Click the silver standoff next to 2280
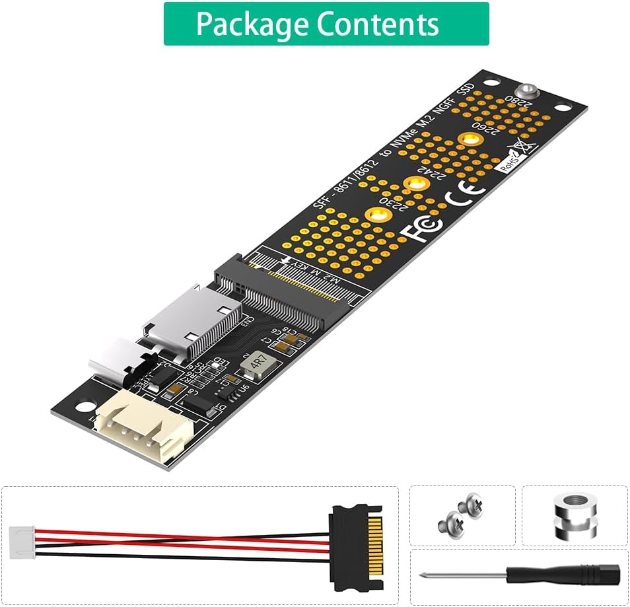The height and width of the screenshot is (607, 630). pyautogui.click(x=526, y=92)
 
